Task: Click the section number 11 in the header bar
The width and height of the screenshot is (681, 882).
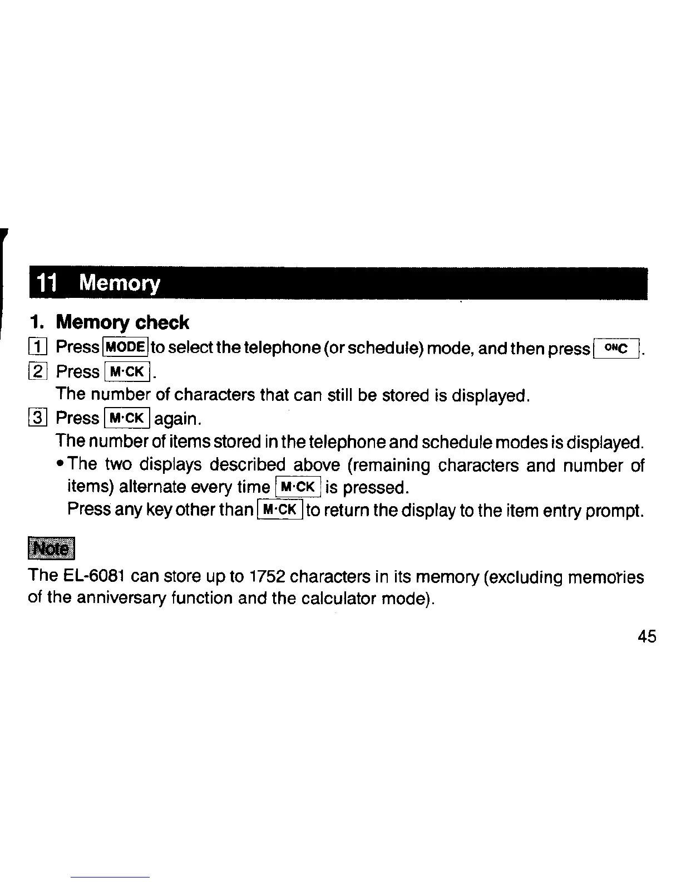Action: pyautogui.click(x=47, y=284)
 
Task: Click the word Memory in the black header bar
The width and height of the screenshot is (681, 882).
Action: pyautogui.click(x=119, y=284)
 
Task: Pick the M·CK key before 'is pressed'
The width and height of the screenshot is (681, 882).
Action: pyautogui.click(x=298, y=488)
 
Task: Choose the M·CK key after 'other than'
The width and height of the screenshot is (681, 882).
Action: pyautogui.click(x=280, y=509)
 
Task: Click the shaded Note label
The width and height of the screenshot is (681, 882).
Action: pyautogui.click(x=51, y=548)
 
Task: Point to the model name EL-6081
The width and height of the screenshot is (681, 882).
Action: pyautogui.click(x=93, y=575)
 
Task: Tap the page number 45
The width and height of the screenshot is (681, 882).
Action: pyautogui.click(x=648, y=636)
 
